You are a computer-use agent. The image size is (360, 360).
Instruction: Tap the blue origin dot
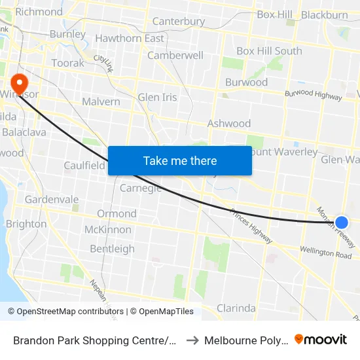point(341,223)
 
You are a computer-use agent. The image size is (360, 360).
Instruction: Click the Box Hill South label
point(269,51)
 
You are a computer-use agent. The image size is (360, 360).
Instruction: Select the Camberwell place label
point(175,56)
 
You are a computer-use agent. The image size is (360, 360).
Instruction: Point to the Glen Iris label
point(157,98)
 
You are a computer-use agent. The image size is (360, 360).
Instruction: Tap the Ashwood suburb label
point(228,123)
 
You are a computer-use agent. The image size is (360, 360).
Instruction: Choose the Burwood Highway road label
point(313,96)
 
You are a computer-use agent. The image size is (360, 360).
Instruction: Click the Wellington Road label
point(325,252)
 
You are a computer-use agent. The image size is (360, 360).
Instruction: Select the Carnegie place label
point(141,189)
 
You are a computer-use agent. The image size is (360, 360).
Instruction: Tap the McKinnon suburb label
point(107,230)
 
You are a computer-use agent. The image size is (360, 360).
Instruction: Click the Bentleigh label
point(112,249)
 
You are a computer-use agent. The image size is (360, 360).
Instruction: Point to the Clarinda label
point(236,308)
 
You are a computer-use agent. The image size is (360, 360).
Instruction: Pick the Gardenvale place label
point(52,200)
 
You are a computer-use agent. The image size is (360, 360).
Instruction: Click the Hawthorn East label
point(130,38)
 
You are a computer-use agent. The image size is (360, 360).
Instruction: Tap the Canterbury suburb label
point(179,22)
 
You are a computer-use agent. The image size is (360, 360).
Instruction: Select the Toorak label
point(68,63)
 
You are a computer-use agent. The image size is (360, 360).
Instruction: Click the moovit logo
point(321,340)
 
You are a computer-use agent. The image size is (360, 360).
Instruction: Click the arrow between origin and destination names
point(191,340)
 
